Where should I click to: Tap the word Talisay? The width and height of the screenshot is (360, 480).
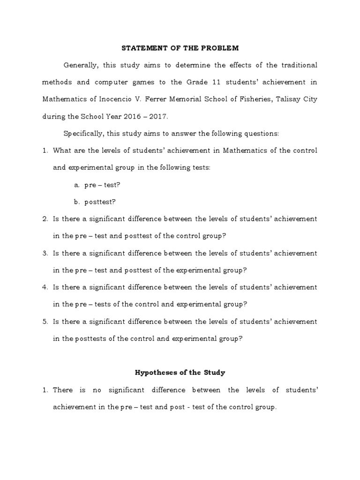[290, 99]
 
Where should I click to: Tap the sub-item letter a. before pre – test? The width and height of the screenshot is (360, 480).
[76, 185]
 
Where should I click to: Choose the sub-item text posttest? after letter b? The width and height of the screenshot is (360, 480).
[100, 202]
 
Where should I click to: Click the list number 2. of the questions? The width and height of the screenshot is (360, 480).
[45, 219]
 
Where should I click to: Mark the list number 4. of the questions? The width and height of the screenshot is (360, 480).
[45, 287]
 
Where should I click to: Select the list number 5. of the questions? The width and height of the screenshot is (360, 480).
[45, 322]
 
